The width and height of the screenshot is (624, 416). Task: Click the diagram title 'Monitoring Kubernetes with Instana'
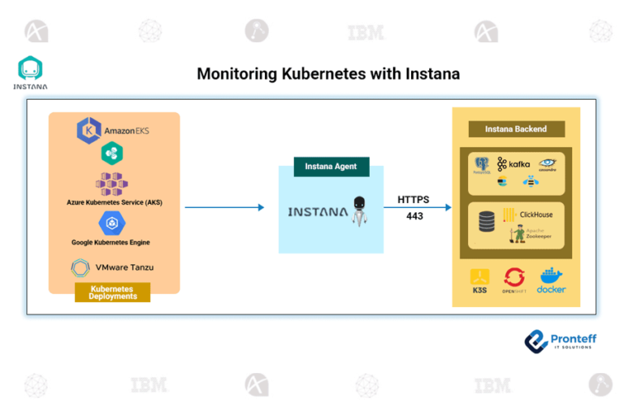328,74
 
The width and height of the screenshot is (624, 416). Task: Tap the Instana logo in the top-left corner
30,72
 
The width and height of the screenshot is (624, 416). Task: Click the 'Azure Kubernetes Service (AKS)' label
114,201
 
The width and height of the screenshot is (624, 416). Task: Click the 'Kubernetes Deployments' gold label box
113,292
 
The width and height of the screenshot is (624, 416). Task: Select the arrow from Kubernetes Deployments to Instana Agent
224,207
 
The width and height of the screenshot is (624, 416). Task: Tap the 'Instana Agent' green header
331,167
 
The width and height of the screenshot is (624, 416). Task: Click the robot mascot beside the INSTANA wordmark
360,210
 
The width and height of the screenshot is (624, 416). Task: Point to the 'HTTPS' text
414,199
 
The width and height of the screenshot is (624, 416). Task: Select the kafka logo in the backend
513,164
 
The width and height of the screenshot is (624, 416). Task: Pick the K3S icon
479,279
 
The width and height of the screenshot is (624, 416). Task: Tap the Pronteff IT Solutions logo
560,340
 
